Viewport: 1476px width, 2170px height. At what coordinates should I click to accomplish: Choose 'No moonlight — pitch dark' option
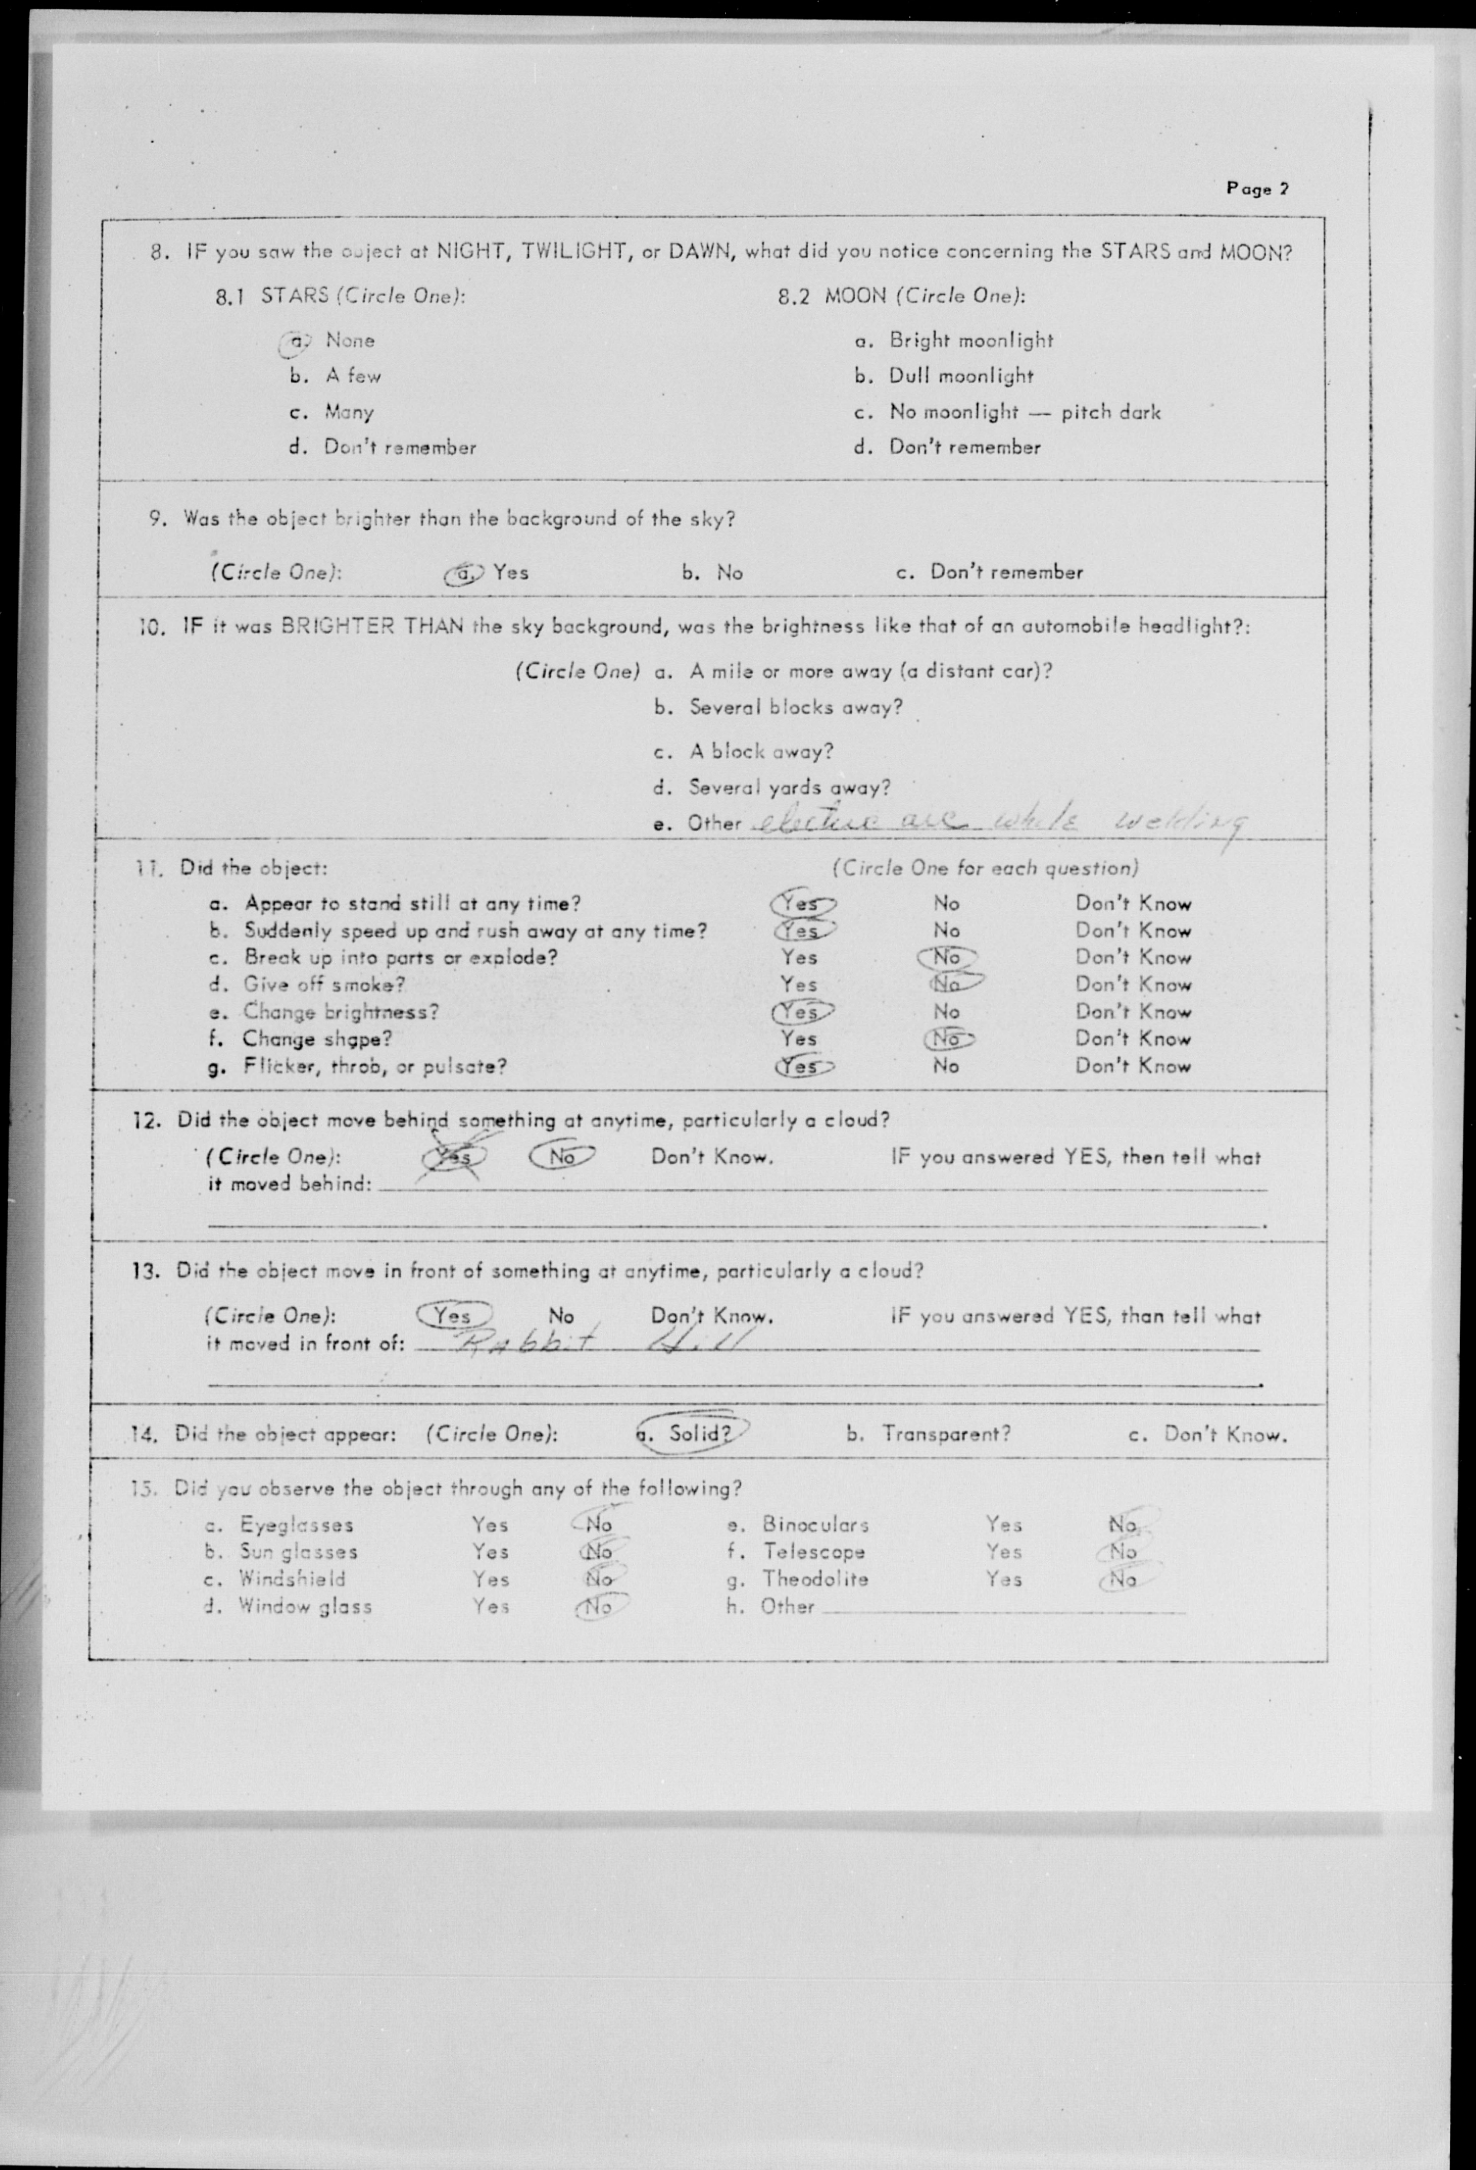pyautogui.click(x=1024, y=412)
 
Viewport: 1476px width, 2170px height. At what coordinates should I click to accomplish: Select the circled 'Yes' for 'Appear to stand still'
pyautogui.click(x=801, y=903)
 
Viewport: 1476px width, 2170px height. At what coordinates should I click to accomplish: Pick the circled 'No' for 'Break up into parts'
pyautogui.click(x=946, y=957)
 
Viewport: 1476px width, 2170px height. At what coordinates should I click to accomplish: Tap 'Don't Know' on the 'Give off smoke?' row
pyautogui.click(x=1132, y=984)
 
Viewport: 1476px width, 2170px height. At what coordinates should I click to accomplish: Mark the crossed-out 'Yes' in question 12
pyautogui.click(x=455, y=1157)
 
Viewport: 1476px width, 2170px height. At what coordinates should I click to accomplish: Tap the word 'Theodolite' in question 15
pyautogui.click(x=815, y=1579)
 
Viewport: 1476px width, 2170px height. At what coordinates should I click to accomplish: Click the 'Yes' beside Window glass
pyautogui.click(x=490, y=1606)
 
